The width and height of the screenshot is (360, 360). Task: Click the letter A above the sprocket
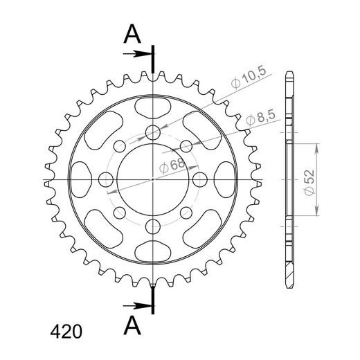tap(131, 35)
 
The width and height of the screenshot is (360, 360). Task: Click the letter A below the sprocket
tap(131, 323)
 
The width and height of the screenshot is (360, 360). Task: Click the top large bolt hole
tap(153, 132)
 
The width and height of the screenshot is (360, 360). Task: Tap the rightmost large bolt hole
tap(200, 179)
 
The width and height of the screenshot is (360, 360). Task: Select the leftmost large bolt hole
tap(107, 179)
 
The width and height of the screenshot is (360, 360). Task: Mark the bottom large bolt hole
tap(153, 226)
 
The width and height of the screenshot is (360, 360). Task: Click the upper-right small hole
tap(186, 145)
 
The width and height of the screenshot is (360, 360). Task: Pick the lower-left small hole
tap(120, 213)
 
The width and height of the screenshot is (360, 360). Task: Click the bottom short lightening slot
tap(153, 251)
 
